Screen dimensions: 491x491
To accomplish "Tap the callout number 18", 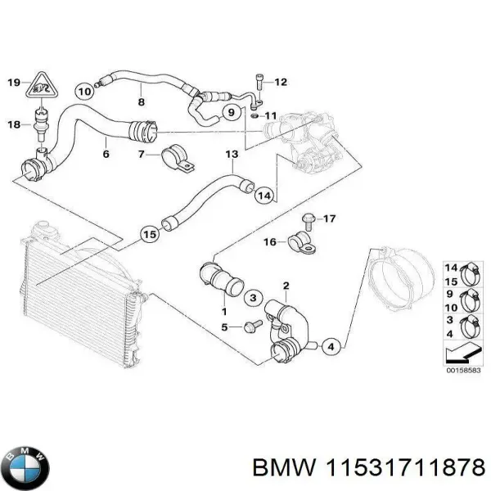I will (14, 124).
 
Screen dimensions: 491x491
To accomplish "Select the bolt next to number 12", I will (258, 82).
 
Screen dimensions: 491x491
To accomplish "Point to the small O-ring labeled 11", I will (255, 115).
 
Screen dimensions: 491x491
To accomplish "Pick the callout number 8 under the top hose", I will (141, 102).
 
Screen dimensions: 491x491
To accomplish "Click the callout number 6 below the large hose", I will (105, 153).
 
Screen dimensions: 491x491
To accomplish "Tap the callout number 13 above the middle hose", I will (232, 153).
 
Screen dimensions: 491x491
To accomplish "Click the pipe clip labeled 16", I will (298, 241).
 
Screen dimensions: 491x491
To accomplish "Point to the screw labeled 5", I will (251, 327).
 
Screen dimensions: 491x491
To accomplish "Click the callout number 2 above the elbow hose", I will (286, 285).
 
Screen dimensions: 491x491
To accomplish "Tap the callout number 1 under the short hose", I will (223, 312).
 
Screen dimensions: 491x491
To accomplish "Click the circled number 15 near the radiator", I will (148, 234).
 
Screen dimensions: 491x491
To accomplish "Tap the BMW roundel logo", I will (26, 467).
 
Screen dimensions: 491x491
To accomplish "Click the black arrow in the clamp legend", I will (462, 352).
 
